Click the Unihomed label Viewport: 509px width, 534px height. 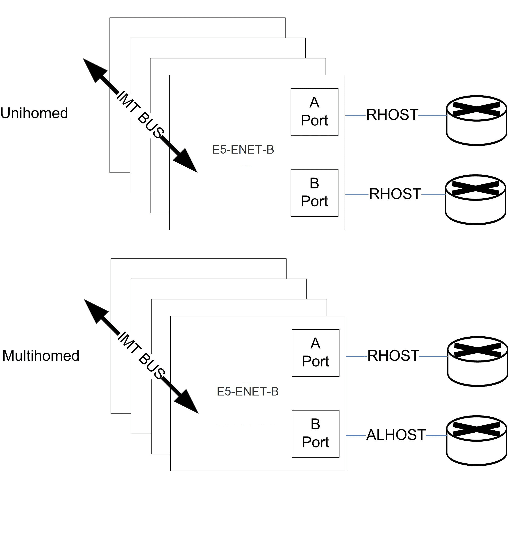(x=34, y=113)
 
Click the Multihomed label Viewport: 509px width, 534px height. (x=41, y=356)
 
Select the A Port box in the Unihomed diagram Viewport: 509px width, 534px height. (x=314, y=112)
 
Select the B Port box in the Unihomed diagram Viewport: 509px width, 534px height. (x=314, y=193)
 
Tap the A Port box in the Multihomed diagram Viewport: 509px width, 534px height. (x=315, y=353)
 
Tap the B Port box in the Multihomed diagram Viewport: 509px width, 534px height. (x=315, y=434)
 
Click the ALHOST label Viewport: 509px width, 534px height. (x=396, y=435)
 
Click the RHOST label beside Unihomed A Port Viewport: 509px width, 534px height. (x=392, y=115)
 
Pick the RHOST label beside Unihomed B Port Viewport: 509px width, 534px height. (x=395, y=194)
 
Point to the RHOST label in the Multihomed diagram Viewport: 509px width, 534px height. (x=393, y=356)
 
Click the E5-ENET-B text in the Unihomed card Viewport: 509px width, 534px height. (x=243, y=150)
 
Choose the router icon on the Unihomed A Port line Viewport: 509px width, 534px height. (x=476, y=120)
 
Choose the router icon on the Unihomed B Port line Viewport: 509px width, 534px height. (x=475, y=200)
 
